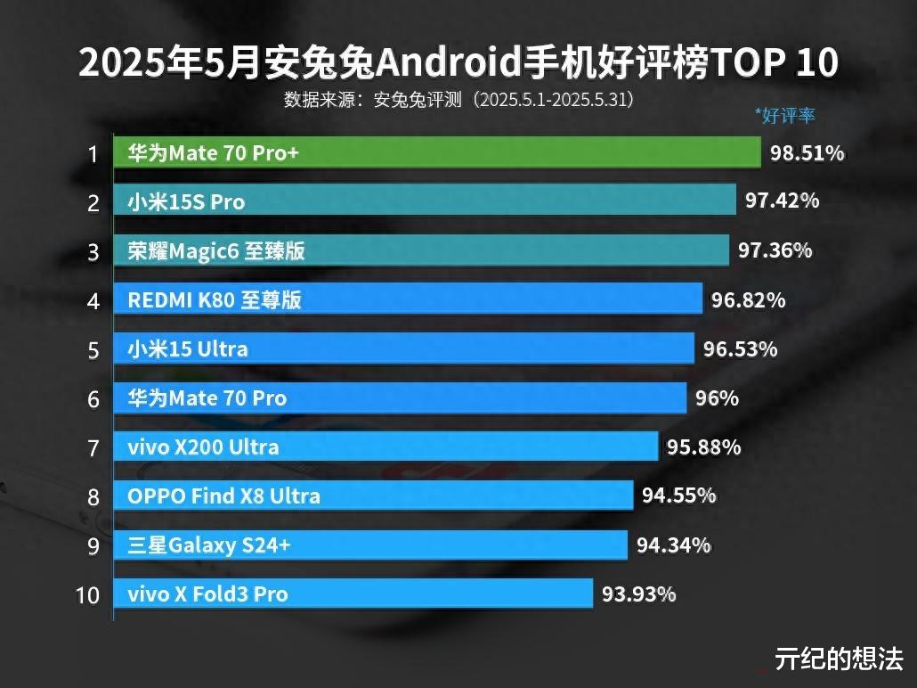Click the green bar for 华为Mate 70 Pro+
click(x=436, y=153)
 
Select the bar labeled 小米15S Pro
click(x=424, y=202)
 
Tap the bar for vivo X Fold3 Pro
click(x=353, y=594)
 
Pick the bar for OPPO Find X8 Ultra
click(x=372, y=496)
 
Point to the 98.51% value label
click(x=807, y=153)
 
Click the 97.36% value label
click(x=775, y=250)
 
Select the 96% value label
click(x=717, y=397)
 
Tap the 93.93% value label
click(x=638, y=593)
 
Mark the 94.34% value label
click(x=673, y=544)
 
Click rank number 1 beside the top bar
click(x=92, y=154)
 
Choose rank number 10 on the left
click(x=88, y=594)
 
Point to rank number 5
click(x=93, y=350)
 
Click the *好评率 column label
click(x=784, y=115)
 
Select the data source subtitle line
click(x=458, y=99)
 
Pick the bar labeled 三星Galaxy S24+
click(x=369, y=545)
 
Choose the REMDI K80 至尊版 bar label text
click(x=215, y=300)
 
